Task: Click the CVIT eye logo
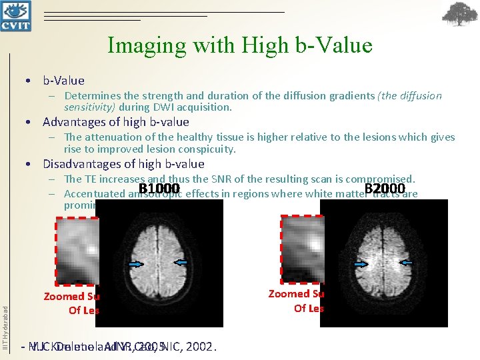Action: point(17,15)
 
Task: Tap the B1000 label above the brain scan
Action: point(159,189)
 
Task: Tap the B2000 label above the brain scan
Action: point(385,189)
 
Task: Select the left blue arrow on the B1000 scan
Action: point(136,264)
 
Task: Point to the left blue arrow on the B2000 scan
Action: point(361,264)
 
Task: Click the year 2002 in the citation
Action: point(202,347)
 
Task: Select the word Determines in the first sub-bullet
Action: point(91,96)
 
